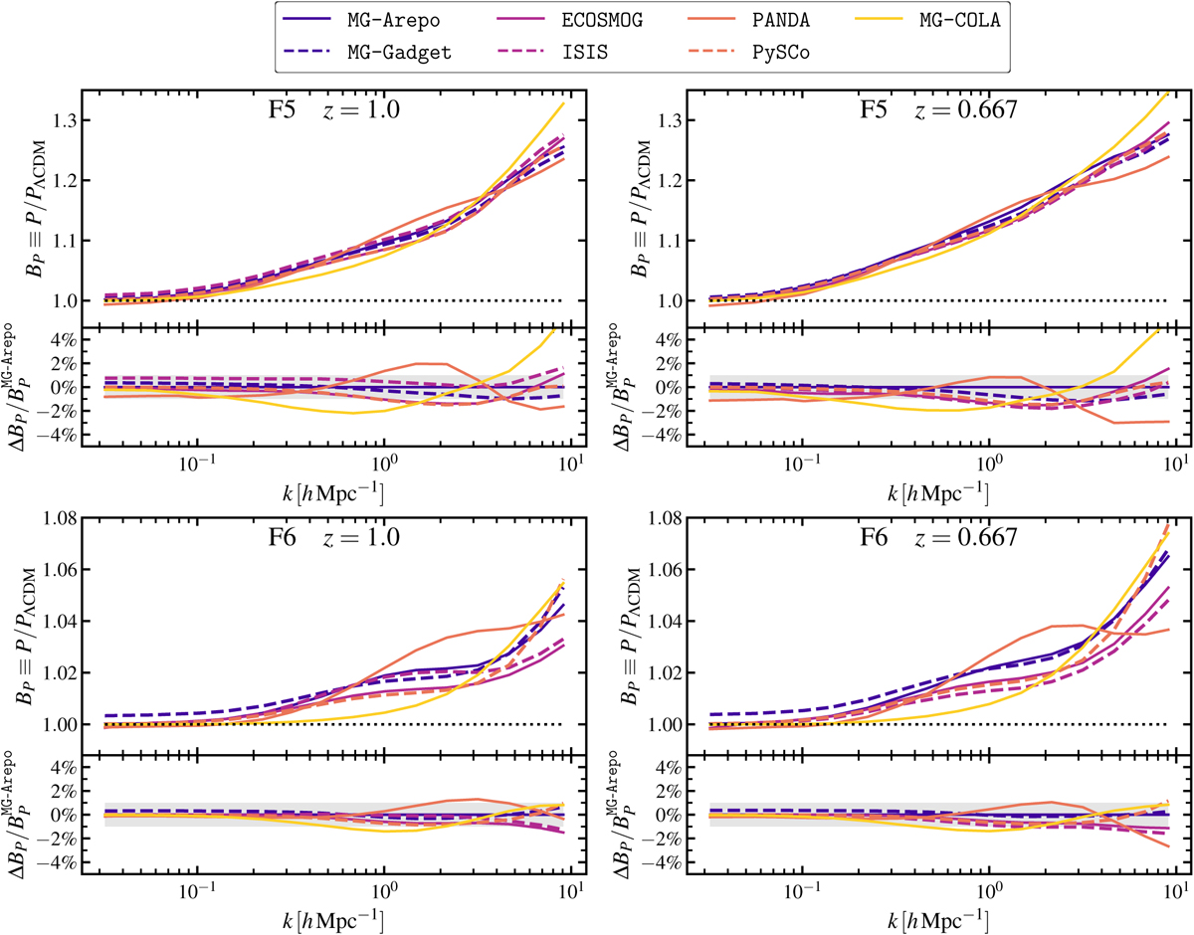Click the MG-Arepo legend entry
coord(380,21)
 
